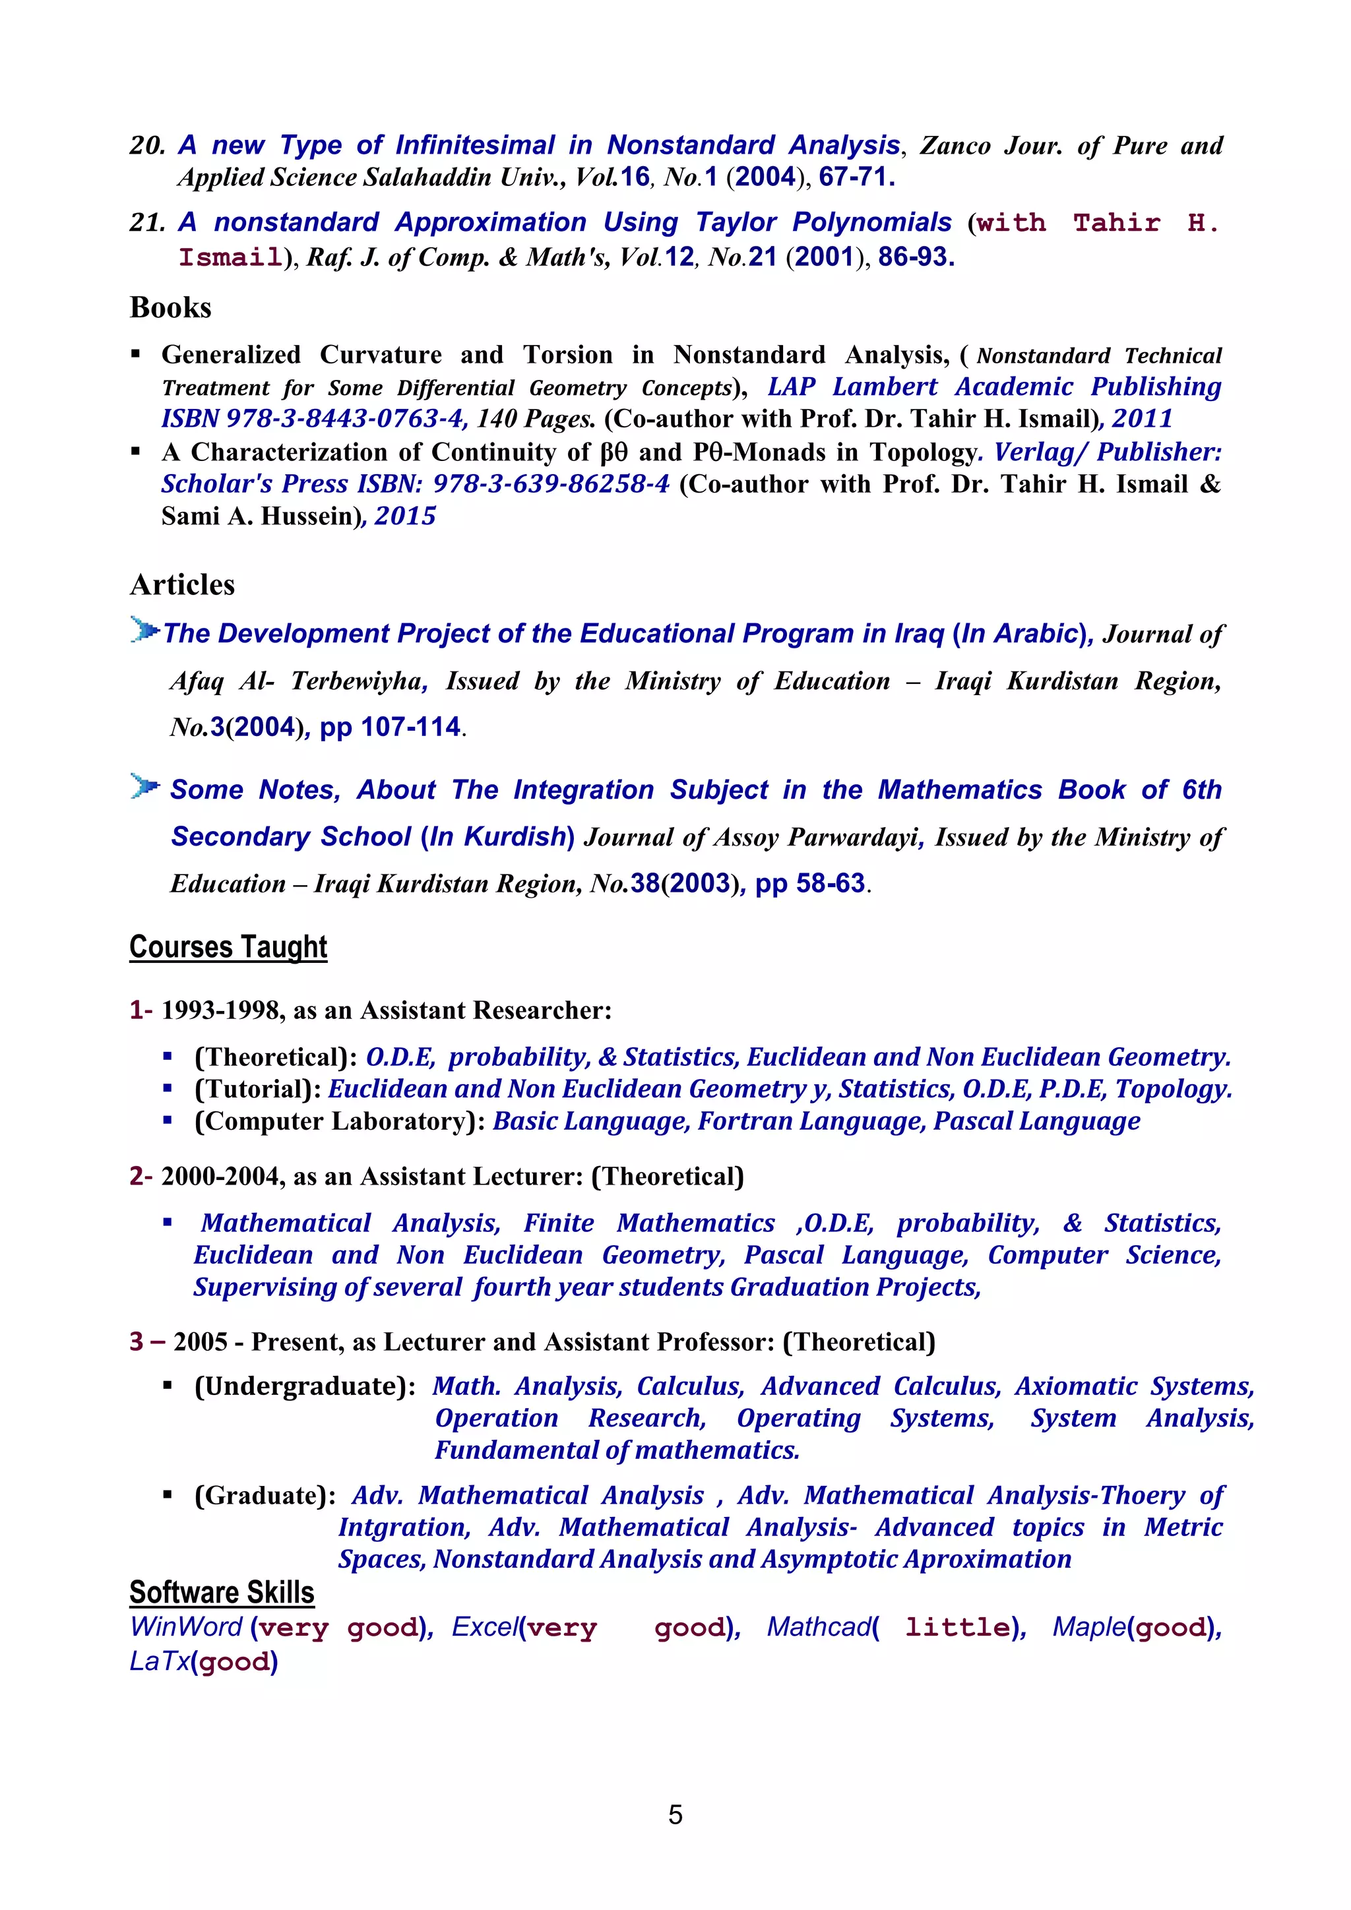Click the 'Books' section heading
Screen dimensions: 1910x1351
pyautogui.click(x=171, y=308)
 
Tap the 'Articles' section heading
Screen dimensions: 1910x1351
pyautogui.click(x=182, y=585)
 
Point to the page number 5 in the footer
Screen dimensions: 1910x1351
pyautogui.click(x=675, y=1814)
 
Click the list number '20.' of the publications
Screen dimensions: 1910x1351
pyautogui.click(x=148, y=146)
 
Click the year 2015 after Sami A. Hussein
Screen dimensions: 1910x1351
pyautogui.click(x=405, y=516)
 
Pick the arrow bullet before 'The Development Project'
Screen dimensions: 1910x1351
pyautogui.click(x=144, y=630)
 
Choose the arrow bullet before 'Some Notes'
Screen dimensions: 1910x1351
pyautogui.click(x=144, y=786)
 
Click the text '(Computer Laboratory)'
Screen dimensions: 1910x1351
pyautogui.click(x=340, y=1121)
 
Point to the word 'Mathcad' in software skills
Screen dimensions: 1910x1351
pyautogui.click(x=819, y=1627)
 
